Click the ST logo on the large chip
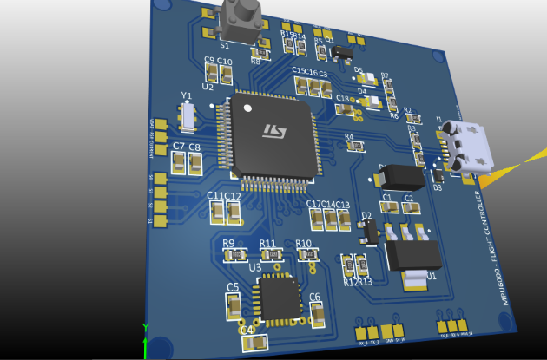pos(275,132)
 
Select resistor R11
pos(271,255)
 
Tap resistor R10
pos(307,255)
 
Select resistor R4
pos(354,147)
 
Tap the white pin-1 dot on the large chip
pos(247,108)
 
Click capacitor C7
pos(180,163)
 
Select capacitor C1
pos(388,209)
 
